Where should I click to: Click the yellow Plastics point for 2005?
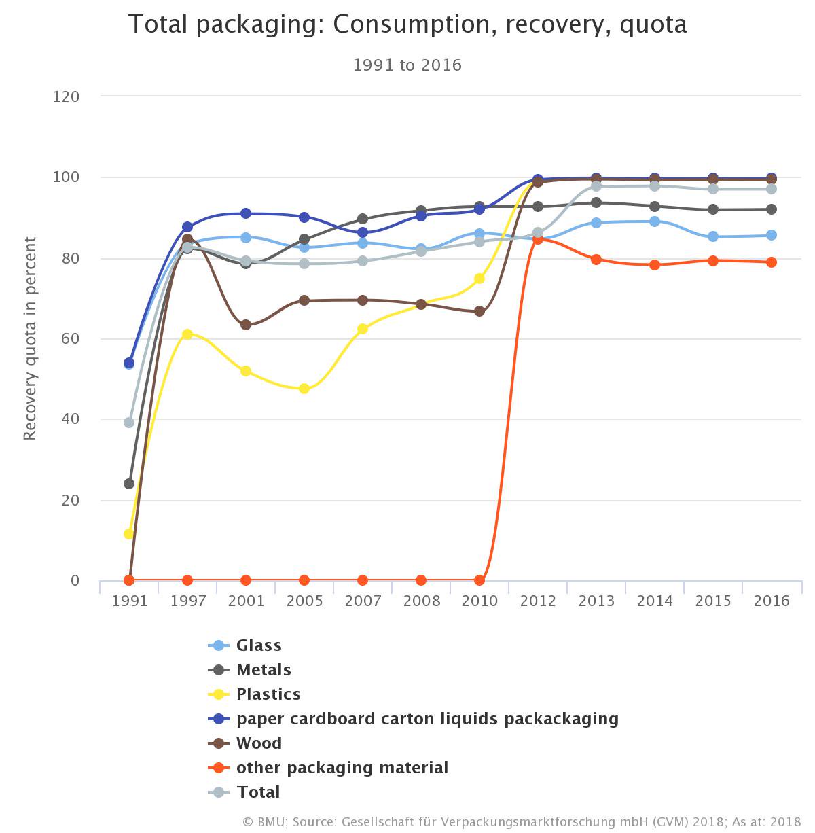pos(304,389)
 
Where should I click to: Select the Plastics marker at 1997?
pos(187,334)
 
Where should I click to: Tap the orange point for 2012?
pos(538,238)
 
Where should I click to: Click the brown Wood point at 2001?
pos(246,325)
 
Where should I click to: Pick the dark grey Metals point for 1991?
pos(129,484)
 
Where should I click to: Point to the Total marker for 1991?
pos(129,423)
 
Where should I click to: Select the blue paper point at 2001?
pos(246,214)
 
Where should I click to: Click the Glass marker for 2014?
pos(655,221)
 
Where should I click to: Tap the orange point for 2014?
pos(655,265)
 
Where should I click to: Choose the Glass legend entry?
pos(258,645)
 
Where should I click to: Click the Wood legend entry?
pos(259,743)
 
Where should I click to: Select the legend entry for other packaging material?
pos(342,768)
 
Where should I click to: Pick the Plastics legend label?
pos(268,694)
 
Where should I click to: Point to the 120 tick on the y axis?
pos(67,96)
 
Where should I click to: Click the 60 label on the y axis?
pos(71,339)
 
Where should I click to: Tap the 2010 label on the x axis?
pos(479,601)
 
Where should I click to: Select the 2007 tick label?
pos(363,601)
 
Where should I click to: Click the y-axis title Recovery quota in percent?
pos(31,338)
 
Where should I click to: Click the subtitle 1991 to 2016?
pos(407,65)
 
